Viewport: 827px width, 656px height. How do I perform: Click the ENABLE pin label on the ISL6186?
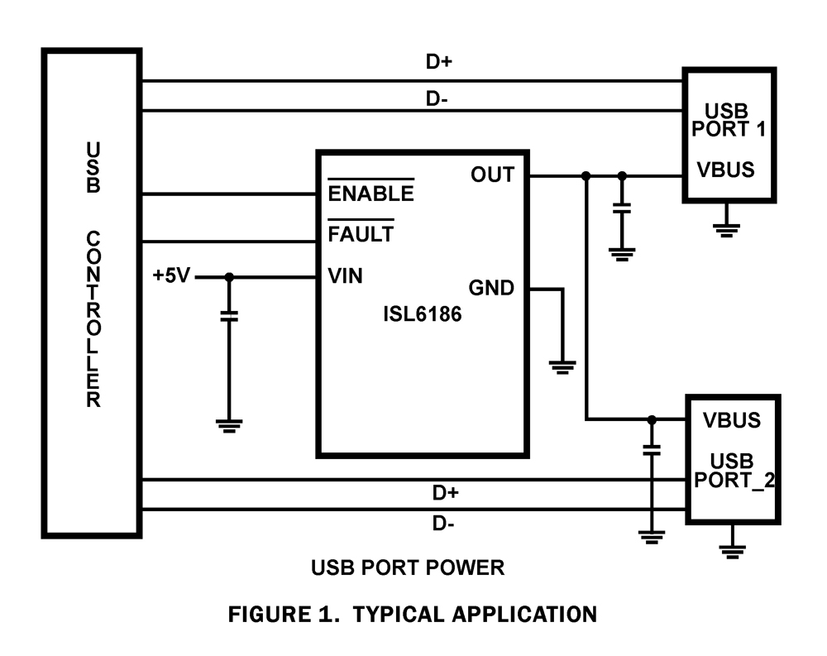click(370, 194)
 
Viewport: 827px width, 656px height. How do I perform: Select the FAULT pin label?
click(361, 234)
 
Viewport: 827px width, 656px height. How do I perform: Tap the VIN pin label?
click(346, 276)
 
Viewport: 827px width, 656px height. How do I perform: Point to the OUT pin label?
click(492, 175)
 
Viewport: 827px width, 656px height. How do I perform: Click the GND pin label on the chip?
click(491, 289)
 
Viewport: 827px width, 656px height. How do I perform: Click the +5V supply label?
click(171, 276)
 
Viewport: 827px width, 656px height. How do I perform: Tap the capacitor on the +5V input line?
click(230, 315)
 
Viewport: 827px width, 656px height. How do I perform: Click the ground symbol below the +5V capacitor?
click(230, 425)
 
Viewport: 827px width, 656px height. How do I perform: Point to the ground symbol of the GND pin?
click(562, 366)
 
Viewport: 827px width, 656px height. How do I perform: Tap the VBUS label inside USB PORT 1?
click(726, 170)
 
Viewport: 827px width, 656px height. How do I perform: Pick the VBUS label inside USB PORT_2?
click(731, 419)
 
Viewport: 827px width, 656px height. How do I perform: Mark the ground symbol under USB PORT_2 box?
click(732, 550)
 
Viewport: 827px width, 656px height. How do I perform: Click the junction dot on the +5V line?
click(230, 277)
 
